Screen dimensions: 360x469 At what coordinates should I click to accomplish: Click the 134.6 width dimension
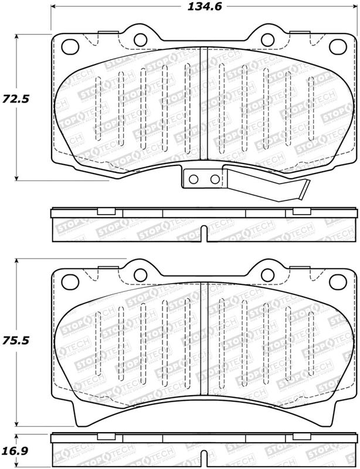click(x=205, y=6)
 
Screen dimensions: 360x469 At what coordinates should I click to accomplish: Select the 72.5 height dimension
click(x=16, y=98)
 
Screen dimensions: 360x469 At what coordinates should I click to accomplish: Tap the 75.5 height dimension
click(x=16, y=341)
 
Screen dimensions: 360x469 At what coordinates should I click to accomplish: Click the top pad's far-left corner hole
click(x=70, y=47)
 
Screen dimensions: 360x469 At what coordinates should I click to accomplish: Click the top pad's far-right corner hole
click(x=338, y=47)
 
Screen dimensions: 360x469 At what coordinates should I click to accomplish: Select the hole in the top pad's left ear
click(x=140, y=39)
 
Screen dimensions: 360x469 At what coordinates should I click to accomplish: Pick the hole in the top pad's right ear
click(x=267, y=39)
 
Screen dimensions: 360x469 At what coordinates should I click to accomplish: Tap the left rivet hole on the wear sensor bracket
click(x=193, y=179)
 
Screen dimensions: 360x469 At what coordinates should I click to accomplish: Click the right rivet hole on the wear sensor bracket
click(x=215, y=179)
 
